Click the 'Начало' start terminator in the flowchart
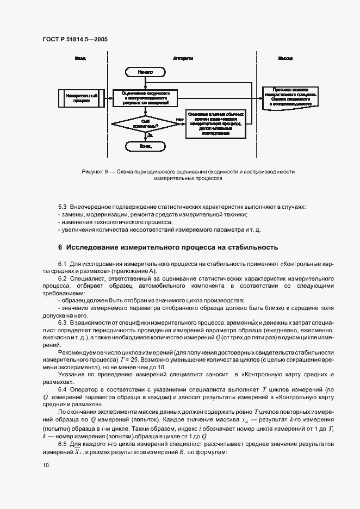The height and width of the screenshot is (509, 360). pyautogui.click(x=145, y=72)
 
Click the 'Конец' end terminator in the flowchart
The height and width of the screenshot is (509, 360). pyautogui.click(x=145, y=146)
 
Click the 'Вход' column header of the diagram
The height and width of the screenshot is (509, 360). pyautogui.click(x=80, y=58)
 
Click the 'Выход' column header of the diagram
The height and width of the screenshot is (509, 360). pyautogui.click(x=285, y=58)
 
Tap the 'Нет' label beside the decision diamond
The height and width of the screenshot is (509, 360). pyautogui.click(x=178, y=120)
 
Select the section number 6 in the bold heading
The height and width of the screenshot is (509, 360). pyautogui.click(x=60, y=247)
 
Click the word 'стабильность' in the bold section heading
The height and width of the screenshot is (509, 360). pyautogui.click(x=253, y=247)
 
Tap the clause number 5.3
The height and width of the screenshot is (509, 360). pyautogui.click(x=62, y=207)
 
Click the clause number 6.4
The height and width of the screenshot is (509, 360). pyautogui.click(x=62, y=389)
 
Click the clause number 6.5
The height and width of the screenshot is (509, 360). pyautogui.click(x=62, y=444)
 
